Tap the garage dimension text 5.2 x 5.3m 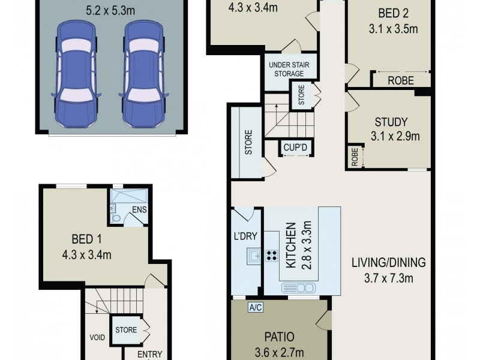point(110,10)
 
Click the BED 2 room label point(392,13)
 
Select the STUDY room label point(393,121)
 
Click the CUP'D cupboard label point(294,146)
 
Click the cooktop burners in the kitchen point(271,256)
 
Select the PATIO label point(278,337)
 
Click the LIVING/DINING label point(388,262)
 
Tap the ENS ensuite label point(140,209)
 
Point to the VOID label point(98,337)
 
